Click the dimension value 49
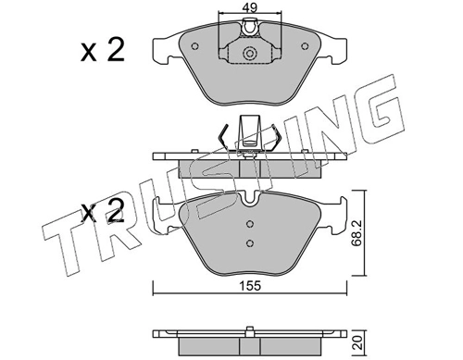point(250,7)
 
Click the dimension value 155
point(250,286)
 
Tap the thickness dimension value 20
point(358,342)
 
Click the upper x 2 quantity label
point(103,50)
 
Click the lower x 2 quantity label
point(103,211)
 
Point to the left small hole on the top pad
point(194,46)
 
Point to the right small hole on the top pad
point(305,46)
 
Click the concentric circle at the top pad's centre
point(250,54)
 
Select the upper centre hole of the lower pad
point(250,224)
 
